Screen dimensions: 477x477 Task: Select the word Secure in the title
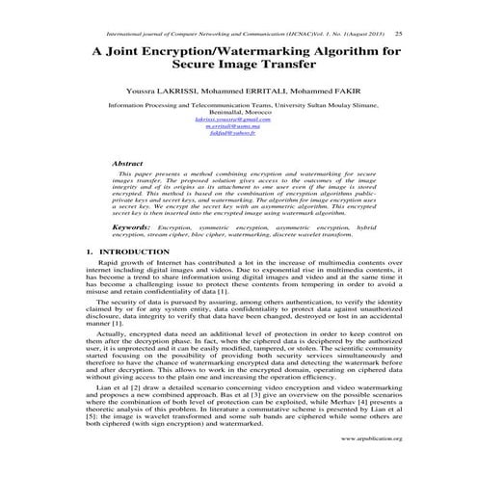point(197,69)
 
